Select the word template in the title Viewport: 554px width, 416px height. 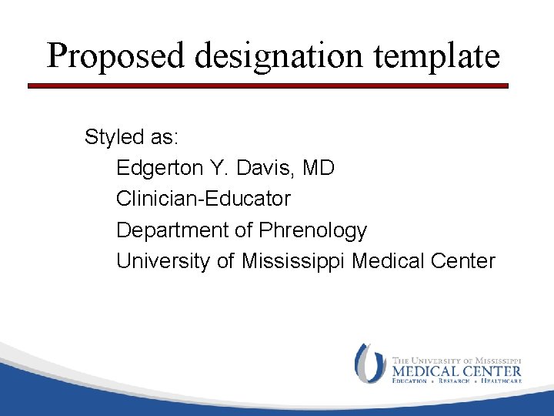point(444,56)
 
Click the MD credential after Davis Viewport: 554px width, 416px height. point(319,168)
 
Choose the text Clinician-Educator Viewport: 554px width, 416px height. point(203,199)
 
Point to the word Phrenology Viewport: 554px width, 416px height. point(313,230)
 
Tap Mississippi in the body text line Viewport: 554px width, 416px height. point(293,261)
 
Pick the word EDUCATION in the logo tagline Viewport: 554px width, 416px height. point(412,381)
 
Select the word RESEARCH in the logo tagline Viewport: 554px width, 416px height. point(455,381)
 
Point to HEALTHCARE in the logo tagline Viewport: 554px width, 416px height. point(501,381)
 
